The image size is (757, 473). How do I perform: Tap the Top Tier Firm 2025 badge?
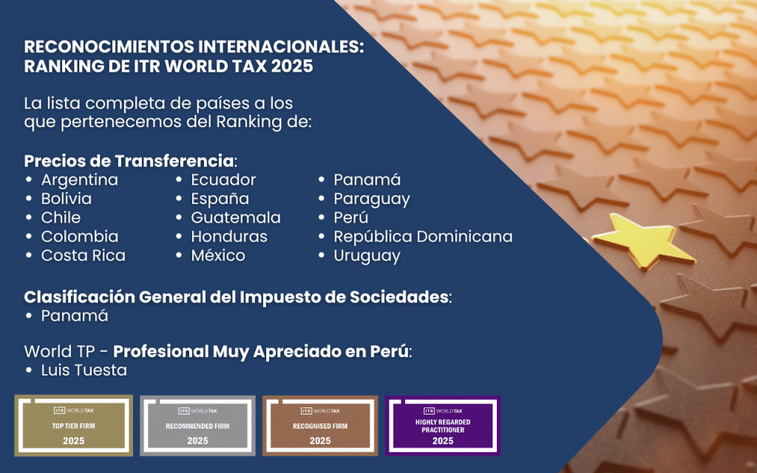click(73, 426)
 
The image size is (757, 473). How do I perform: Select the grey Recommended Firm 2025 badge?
click(197, 426)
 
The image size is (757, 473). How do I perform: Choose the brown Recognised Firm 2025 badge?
click(320, 426)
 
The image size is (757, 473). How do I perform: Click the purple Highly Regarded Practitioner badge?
click(443, 426)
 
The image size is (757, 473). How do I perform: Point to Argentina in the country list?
click(80, 180)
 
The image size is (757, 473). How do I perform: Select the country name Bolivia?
click(66, 198)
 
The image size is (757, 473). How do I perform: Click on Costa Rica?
click(83, 255)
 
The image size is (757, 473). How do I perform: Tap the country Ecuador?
click(223, 180)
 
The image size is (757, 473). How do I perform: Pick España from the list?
click(220, 198)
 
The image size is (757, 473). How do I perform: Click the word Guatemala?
click(236, 217)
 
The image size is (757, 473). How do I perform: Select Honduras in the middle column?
click(229, 236)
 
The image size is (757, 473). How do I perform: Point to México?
click(218, 255)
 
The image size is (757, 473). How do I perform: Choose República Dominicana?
click(423, 236)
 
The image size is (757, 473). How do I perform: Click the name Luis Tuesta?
click(84, 370)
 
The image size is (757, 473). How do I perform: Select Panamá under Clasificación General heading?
click(75, 316)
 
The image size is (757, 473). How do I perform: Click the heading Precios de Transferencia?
click(129, 160)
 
